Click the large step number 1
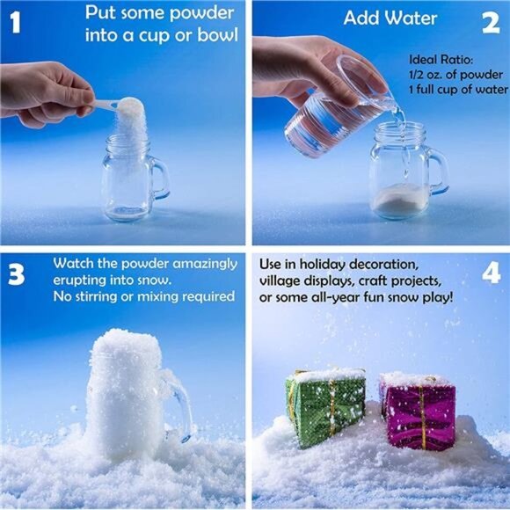pyautogui.click(x=15, y=23)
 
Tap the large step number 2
pyautogui.click(x=491, y=24)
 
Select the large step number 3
pyautogui.click(x=16, y=275)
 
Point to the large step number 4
pyautogui.click(x=492, y=273)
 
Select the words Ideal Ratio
pyautogui.click(x=441, y=60)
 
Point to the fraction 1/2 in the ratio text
pyautogui.click(x=415, y=75)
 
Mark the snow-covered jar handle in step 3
pyautogui.click(x=178, y=404)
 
